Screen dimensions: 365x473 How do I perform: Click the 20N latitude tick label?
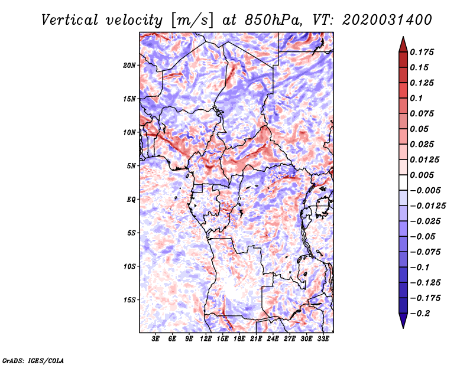tap(129, 65)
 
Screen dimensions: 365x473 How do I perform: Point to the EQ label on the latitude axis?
tap(131, 200)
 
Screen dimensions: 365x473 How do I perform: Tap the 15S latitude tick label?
tap(129, 300)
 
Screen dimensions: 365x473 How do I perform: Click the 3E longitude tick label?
tap(155, 340)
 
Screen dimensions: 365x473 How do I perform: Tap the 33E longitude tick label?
tap(323, 340)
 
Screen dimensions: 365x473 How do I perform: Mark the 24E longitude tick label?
tap(273, 340)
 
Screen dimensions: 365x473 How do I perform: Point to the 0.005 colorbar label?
tap(423, 175)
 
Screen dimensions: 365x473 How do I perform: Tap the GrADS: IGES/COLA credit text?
tap(33, 360)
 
